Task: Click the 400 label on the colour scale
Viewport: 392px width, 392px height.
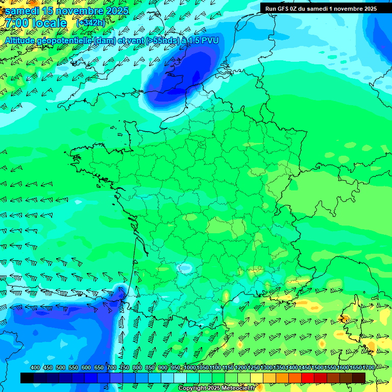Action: click(35, 367)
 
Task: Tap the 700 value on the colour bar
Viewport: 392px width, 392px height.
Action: click(112, 367)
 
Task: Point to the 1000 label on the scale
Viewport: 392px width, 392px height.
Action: click(189, 367)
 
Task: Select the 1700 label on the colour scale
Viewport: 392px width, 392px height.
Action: click(367, 367)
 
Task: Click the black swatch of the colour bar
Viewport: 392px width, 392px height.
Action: click(27, 378)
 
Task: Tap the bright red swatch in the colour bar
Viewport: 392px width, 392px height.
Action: click(308, 378)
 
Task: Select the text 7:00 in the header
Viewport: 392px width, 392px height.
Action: click(17, 22)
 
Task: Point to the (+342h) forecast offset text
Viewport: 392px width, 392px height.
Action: click(90, 23)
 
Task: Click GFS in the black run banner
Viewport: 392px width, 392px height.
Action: click(285, 8)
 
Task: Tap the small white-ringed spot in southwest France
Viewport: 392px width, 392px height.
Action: click(182, 267)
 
